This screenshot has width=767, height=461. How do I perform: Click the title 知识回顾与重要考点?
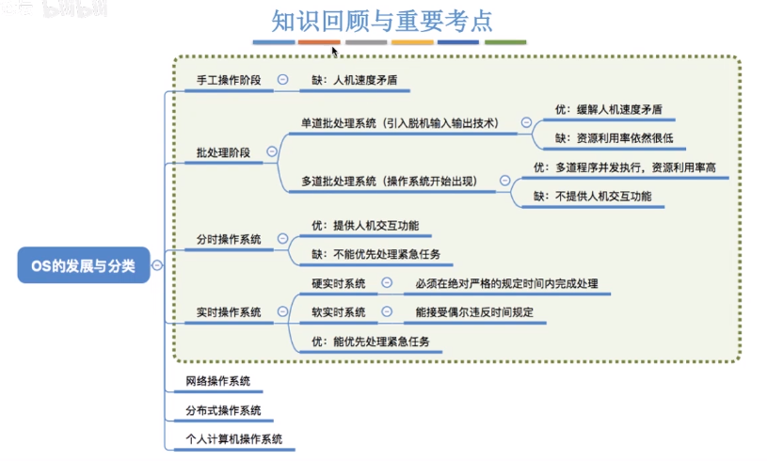[x=382, y=19]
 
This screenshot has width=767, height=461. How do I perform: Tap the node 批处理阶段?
[x=223, y=152]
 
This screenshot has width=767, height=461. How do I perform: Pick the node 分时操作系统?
[x=229, y=239]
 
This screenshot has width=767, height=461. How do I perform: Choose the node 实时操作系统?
[x=229, y=311]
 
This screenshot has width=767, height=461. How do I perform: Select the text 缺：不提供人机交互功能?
[x=592, y=197]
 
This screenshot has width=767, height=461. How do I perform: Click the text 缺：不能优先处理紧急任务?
[x=376, y=254]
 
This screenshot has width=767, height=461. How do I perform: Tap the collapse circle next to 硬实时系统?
[x=387, y=283]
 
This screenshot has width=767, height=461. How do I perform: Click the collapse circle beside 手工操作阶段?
[x=282, y=80]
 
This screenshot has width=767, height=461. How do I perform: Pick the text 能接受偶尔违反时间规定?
[x=474, y=311]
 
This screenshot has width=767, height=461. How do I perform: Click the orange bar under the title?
[x=320, y=42]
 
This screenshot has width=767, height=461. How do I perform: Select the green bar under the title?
[x=505, y=42]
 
